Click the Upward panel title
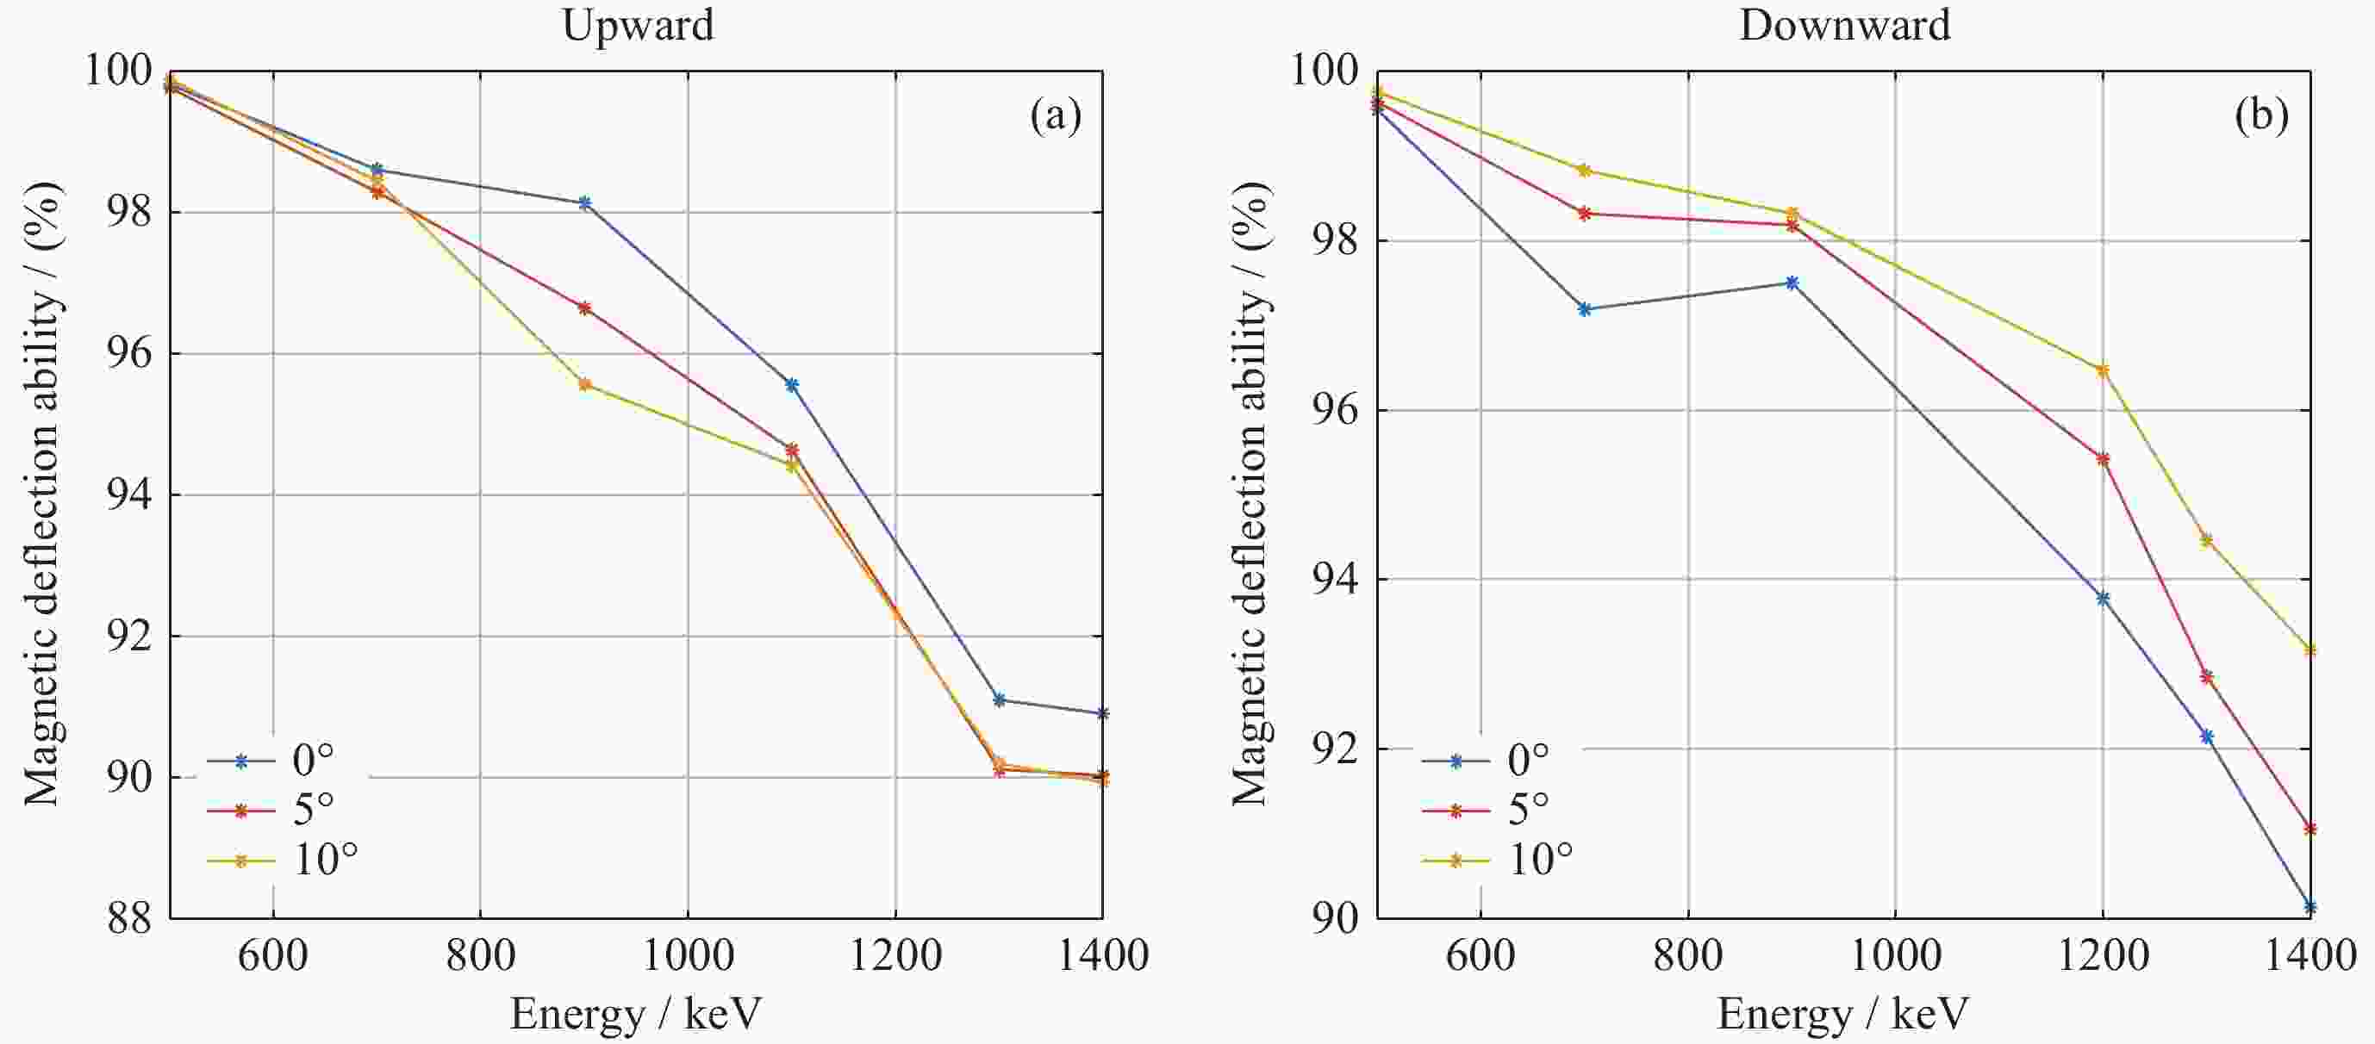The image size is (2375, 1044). click(x=638, y=25)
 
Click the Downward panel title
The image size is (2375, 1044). click(x=1845, y=25)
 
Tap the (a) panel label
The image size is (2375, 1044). click(x=1056, y=117)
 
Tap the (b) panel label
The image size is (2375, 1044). click(x=2261, y=117)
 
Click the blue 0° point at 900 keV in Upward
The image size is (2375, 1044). click(x=584, y=202)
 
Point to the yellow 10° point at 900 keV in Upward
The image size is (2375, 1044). click(x=584, y=384)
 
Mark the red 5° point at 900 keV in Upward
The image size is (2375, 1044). click(x=584, y=308)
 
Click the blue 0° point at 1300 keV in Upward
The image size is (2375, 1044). click(x=1000, y=699)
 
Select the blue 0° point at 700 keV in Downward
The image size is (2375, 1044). click(x=1585, y=309)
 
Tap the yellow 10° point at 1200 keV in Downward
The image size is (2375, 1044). click(x=2103, y=370)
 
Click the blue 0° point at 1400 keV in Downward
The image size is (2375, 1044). click(x=2310, y=907)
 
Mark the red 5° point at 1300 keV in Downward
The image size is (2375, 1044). click(x=2206, y=677)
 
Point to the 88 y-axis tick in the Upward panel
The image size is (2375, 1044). click(x=129, y=919)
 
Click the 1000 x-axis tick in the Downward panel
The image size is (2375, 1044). click(x=1895, y=955)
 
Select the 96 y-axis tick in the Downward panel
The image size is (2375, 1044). click(x=1335, y=411)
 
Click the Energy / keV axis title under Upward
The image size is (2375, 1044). click(x=636, y=1015)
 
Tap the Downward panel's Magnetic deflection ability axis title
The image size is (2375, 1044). click(x=1252, y=493)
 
